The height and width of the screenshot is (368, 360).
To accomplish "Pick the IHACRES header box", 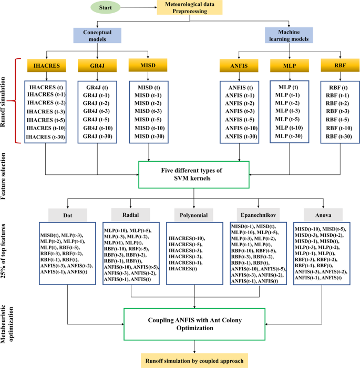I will (47, 66).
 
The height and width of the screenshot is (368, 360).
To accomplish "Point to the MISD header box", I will (148, 66).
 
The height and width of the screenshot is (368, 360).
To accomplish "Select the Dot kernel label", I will (67, 215).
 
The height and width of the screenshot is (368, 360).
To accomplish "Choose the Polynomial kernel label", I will (195, 215).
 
